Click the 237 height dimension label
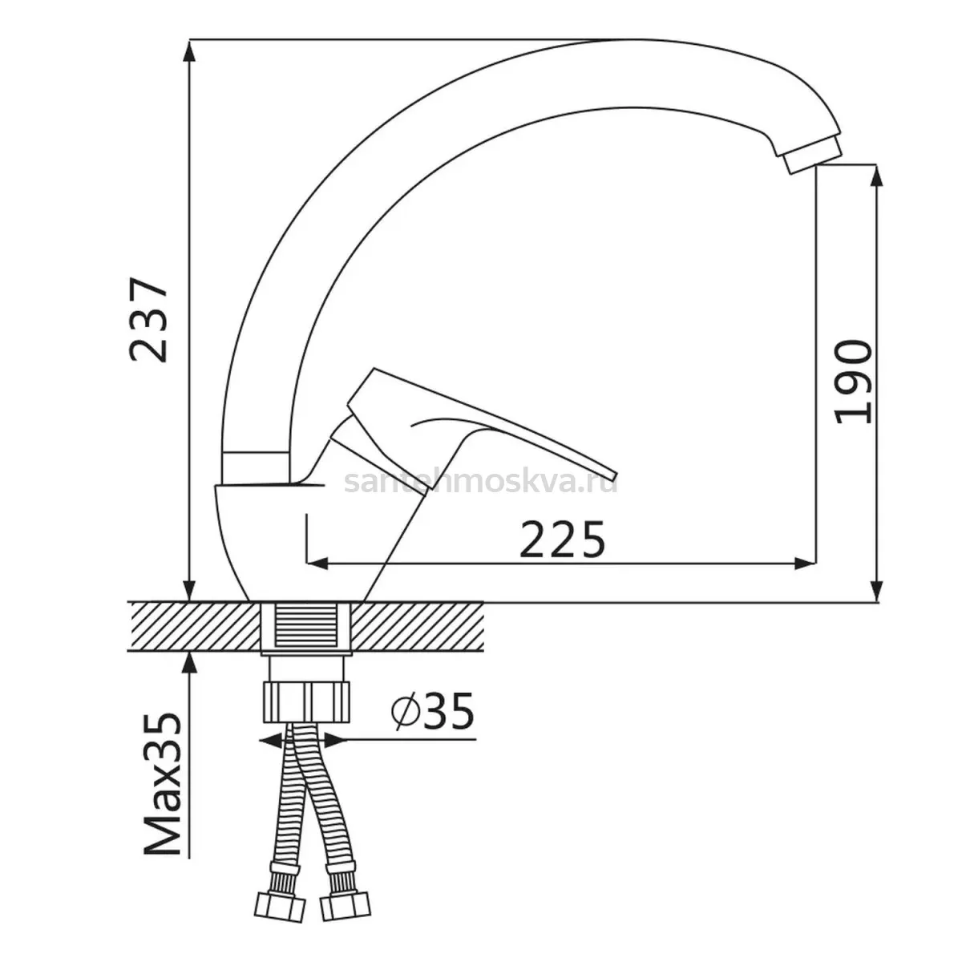pos(148,320)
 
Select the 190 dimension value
pos(854,382)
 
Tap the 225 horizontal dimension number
pos(562,540)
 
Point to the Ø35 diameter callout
pos(432,711)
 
